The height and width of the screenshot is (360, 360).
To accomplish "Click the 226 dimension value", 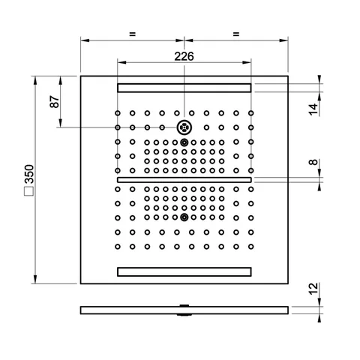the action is click(184, 56).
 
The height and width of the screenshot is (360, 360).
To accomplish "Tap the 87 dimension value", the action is click(55, 101).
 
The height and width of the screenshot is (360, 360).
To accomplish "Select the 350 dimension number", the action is click(29, 174).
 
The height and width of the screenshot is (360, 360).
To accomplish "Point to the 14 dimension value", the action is click(313, 109).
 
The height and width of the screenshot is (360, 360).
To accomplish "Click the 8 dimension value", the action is click(313, 162).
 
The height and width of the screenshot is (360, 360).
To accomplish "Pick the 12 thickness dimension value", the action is click(313, 289).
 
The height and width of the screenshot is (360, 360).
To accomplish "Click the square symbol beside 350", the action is click(28, 191).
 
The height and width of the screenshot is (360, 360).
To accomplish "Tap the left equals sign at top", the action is click(132, 34).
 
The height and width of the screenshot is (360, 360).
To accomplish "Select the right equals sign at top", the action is click(236, 34).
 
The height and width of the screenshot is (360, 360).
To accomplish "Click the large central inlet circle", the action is click(184, 127).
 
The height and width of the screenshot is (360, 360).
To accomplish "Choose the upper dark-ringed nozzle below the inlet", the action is click(184, 142).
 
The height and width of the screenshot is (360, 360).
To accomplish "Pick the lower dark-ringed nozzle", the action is click(184, 217).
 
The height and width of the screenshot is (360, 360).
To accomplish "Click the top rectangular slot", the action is click(184, 88).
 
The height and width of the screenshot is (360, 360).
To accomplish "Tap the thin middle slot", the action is click(184, 180).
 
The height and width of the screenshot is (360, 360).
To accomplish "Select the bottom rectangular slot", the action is click(184, 271).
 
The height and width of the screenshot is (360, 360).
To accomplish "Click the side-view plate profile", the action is click(184, 310).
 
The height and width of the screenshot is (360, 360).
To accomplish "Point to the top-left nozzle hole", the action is click(118, 113).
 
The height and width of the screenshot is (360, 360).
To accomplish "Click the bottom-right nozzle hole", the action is click(251, 247).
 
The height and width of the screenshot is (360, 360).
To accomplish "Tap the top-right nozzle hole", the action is click(251, 113).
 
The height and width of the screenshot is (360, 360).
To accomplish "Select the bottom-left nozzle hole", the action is click(118, 247).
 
